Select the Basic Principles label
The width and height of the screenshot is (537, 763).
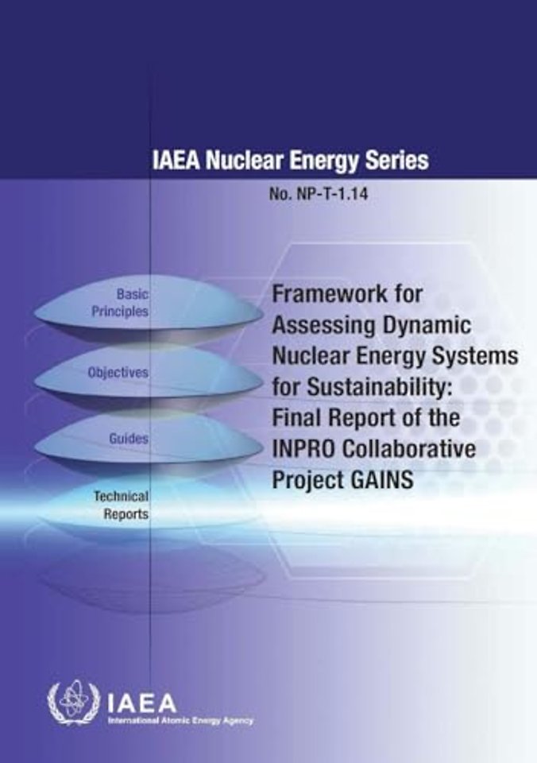tap(120, 303)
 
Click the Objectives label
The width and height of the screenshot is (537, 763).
tap(118, 372)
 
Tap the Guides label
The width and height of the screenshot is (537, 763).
tap(129, 439)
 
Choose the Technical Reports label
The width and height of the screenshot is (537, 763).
tap(121, 505)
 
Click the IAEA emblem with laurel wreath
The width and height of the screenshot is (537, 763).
tap(73, 705)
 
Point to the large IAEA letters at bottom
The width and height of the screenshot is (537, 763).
tap(141, 703)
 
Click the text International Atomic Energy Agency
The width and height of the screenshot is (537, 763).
tap(180, 721)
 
